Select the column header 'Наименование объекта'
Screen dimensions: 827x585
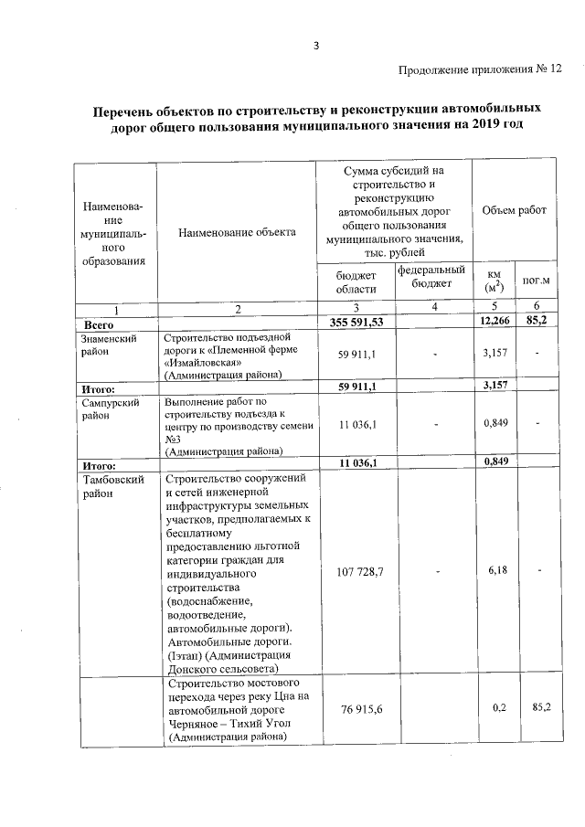tap(237, 232)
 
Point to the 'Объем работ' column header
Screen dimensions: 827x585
tap(514, 210)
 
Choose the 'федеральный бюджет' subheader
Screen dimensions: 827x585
tap(431, 276)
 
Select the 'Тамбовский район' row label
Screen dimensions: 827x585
tap(112, 485)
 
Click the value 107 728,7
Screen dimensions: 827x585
tap(354, 571)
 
